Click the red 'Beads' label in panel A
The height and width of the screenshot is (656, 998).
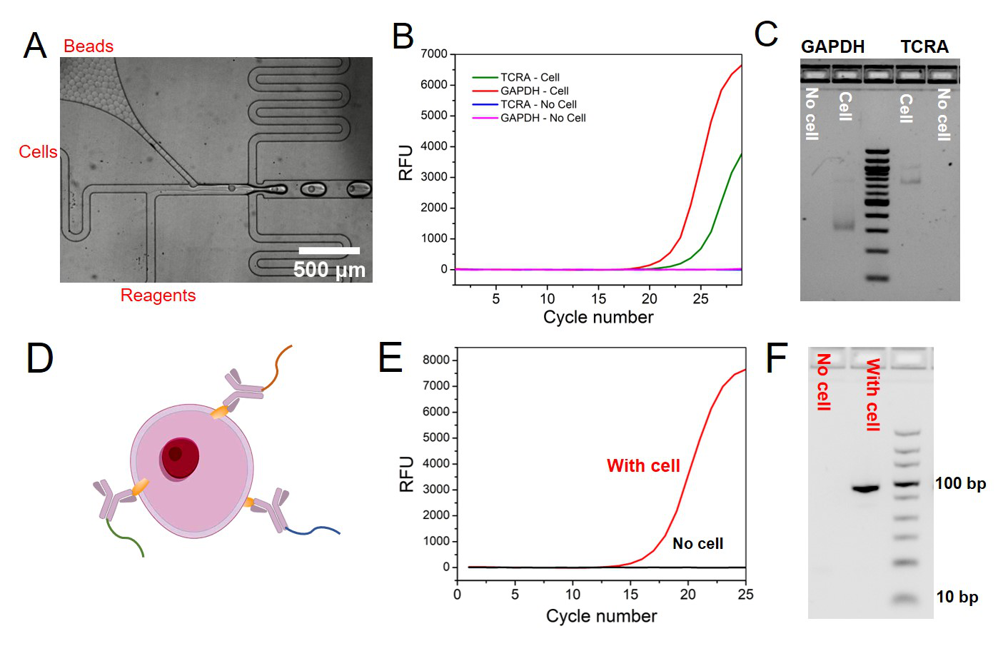88,46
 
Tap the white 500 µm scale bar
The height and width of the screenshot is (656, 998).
329,251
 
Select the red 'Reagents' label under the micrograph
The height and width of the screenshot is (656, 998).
158,296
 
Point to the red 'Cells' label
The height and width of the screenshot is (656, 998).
38,152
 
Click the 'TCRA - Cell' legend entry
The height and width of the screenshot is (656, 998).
529,77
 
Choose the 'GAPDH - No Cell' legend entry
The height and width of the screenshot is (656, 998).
543,118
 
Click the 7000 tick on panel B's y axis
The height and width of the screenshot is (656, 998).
434,54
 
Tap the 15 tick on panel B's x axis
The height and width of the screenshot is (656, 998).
598,299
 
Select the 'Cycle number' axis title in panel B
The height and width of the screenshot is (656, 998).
598,318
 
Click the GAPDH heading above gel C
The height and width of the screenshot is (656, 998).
832,47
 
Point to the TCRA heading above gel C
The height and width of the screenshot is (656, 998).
924,47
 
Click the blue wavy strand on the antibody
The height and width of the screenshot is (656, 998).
314,530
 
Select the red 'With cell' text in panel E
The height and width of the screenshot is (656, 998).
643,466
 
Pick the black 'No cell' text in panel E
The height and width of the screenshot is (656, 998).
697,544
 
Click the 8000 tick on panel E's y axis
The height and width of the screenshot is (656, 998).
436,360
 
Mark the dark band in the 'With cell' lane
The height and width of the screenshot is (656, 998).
865,489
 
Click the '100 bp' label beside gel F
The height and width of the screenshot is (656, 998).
960,484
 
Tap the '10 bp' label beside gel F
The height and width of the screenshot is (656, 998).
957,597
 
